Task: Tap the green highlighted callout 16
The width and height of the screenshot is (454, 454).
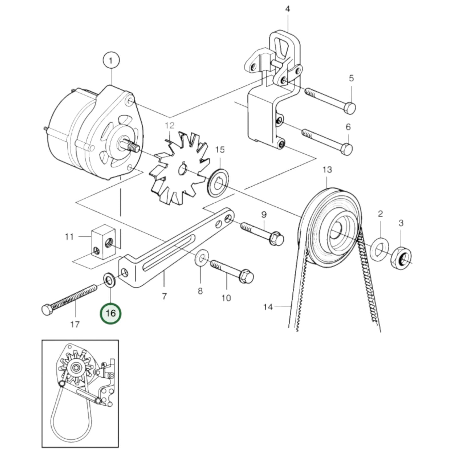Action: pos(111,313)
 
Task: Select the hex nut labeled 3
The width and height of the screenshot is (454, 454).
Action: pos(401,257)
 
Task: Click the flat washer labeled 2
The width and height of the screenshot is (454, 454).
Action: pos(380,249)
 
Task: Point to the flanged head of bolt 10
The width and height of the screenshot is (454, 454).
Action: pos(247,277)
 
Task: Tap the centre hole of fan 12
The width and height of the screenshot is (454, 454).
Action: pos(182,170)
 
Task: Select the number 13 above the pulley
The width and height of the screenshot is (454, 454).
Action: pos(327,170)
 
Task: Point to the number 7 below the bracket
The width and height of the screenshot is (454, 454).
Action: pos(164,296)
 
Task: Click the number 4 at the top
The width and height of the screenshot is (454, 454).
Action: pos(287,9)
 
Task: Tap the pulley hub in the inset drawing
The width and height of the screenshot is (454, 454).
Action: pos(75,368)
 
